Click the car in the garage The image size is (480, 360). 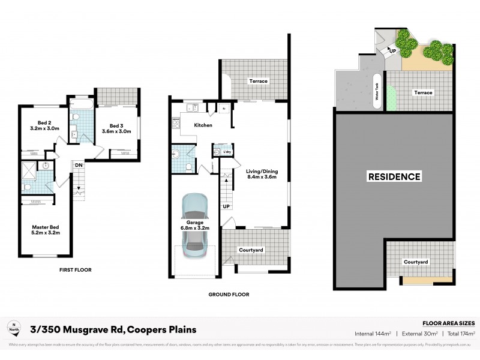pyautogui.click(x=193, y=227)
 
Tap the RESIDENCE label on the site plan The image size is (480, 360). pyautogui.click(x=394, y=176)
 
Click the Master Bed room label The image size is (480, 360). pyautogui.click(x=46, y=229)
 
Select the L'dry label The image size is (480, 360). pyautogui.click(x=227, y=152)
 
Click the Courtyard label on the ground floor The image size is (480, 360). pyautogui.click(x=251, y=250)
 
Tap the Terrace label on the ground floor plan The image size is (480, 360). pyautogui.click(x=259, y=81)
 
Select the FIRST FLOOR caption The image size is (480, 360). pyautogui.click(x=75, y=270)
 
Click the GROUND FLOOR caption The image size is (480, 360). pyautogui.click(x=229, y=295)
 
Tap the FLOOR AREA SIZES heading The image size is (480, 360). pyautogui.click(x=449, y=322)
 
